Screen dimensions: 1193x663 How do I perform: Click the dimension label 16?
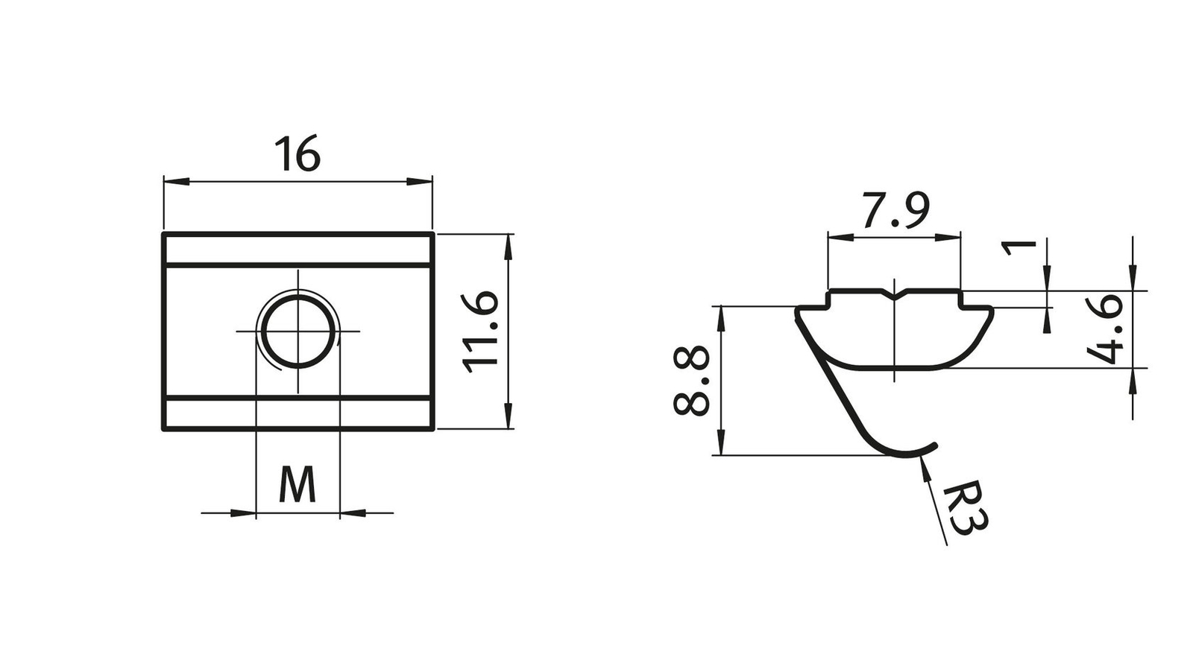[x=298, y=153]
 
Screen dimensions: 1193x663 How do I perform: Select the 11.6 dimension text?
[x=480, y=331]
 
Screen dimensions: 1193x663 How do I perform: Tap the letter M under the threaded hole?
[x=298, y=484]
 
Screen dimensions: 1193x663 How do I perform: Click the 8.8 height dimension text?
[x=691, y=380]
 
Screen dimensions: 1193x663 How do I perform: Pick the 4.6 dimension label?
[x=1104, y=329]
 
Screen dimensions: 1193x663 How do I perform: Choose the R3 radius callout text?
[x=965, y=508]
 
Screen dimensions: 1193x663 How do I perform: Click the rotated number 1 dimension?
[x=1019, y=248]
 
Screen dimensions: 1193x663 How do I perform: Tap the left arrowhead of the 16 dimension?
[x=176, y=182]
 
